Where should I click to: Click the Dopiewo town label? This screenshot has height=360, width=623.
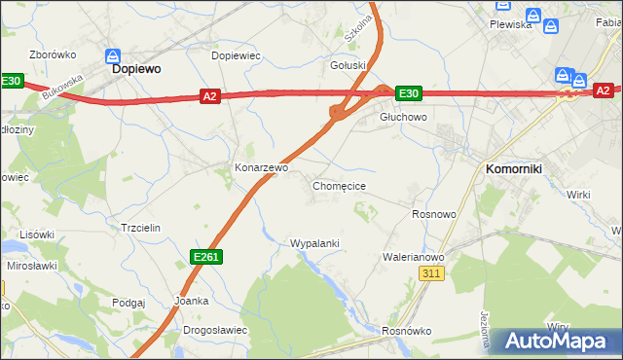[136, 70]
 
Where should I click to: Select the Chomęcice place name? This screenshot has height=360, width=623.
[339, 185]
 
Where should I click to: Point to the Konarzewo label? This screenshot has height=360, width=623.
[262, 167]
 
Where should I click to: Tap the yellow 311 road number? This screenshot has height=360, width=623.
[433, 275]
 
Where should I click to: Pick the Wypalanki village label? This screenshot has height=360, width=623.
[314, 243]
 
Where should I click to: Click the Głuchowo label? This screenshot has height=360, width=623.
[403, 117]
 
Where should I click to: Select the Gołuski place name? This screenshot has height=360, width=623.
[348, 65]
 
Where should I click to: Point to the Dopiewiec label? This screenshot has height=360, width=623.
[236, 55]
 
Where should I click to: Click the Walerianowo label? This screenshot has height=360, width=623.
[413, 257]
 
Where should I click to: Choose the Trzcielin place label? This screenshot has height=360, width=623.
[139, 227]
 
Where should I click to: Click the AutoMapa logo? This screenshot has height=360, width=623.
[555, 342]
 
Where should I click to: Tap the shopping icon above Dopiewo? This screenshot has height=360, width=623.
[113, 56]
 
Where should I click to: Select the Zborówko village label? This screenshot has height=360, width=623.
[54, 55]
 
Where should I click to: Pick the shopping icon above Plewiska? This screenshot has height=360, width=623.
[502, 7]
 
